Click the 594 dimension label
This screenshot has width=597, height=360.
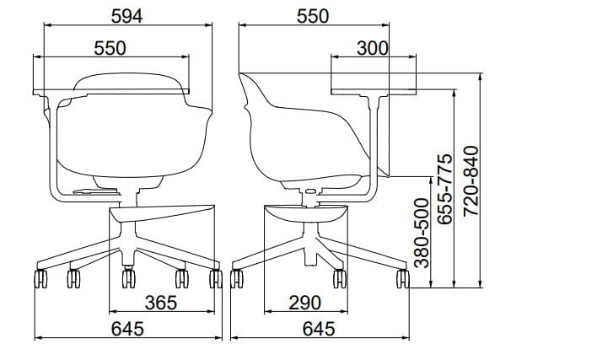click(126, 16)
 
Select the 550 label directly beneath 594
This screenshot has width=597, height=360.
click(110, 48)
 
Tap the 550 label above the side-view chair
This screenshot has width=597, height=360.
click(312, 16)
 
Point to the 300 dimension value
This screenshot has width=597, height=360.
click(373, 48)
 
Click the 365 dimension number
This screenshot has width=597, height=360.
click(161, 303)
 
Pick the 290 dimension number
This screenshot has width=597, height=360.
click(305, 303)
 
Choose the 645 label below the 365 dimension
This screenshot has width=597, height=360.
click(127, 329)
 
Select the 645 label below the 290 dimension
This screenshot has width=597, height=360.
click(319, 329)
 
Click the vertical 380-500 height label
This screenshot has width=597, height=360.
click(422, 233)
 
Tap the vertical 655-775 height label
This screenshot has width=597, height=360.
click(444, 189)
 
